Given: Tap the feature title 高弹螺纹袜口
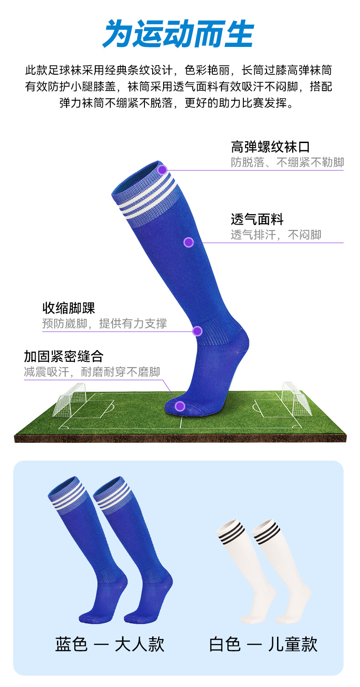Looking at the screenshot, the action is (x=270, y=147).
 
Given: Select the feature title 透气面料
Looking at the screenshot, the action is (x=257, y=219).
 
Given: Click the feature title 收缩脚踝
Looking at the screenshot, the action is (x=69, y=308).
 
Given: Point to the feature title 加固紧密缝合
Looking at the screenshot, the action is (x=63, y=356).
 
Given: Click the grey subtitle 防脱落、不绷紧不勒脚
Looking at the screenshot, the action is (x=287, y=162).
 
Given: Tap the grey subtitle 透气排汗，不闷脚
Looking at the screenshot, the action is (x=276, y=235).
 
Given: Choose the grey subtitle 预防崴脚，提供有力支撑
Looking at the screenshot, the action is (x=104, y=323).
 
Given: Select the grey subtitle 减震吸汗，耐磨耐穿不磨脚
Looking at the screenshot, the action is (x=92, y=372).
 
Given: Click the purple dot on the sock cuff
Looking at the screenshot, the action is (x=162, y=170).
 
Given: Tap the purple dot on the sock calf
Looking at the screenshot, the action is (x=189, y=242).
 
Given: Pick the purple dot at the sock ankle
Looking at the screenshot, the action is (x=197, y=331).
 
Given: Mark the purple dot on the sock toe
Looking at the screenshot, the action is (x=180, y=406).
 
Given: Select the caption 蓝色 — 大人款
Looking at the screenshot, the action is (x=110, y=644).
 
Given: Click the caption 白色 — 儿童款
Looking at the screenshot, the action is (x=263, y=644).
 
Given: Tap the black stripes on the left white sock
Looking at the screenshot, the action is (x=231, y=533).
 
